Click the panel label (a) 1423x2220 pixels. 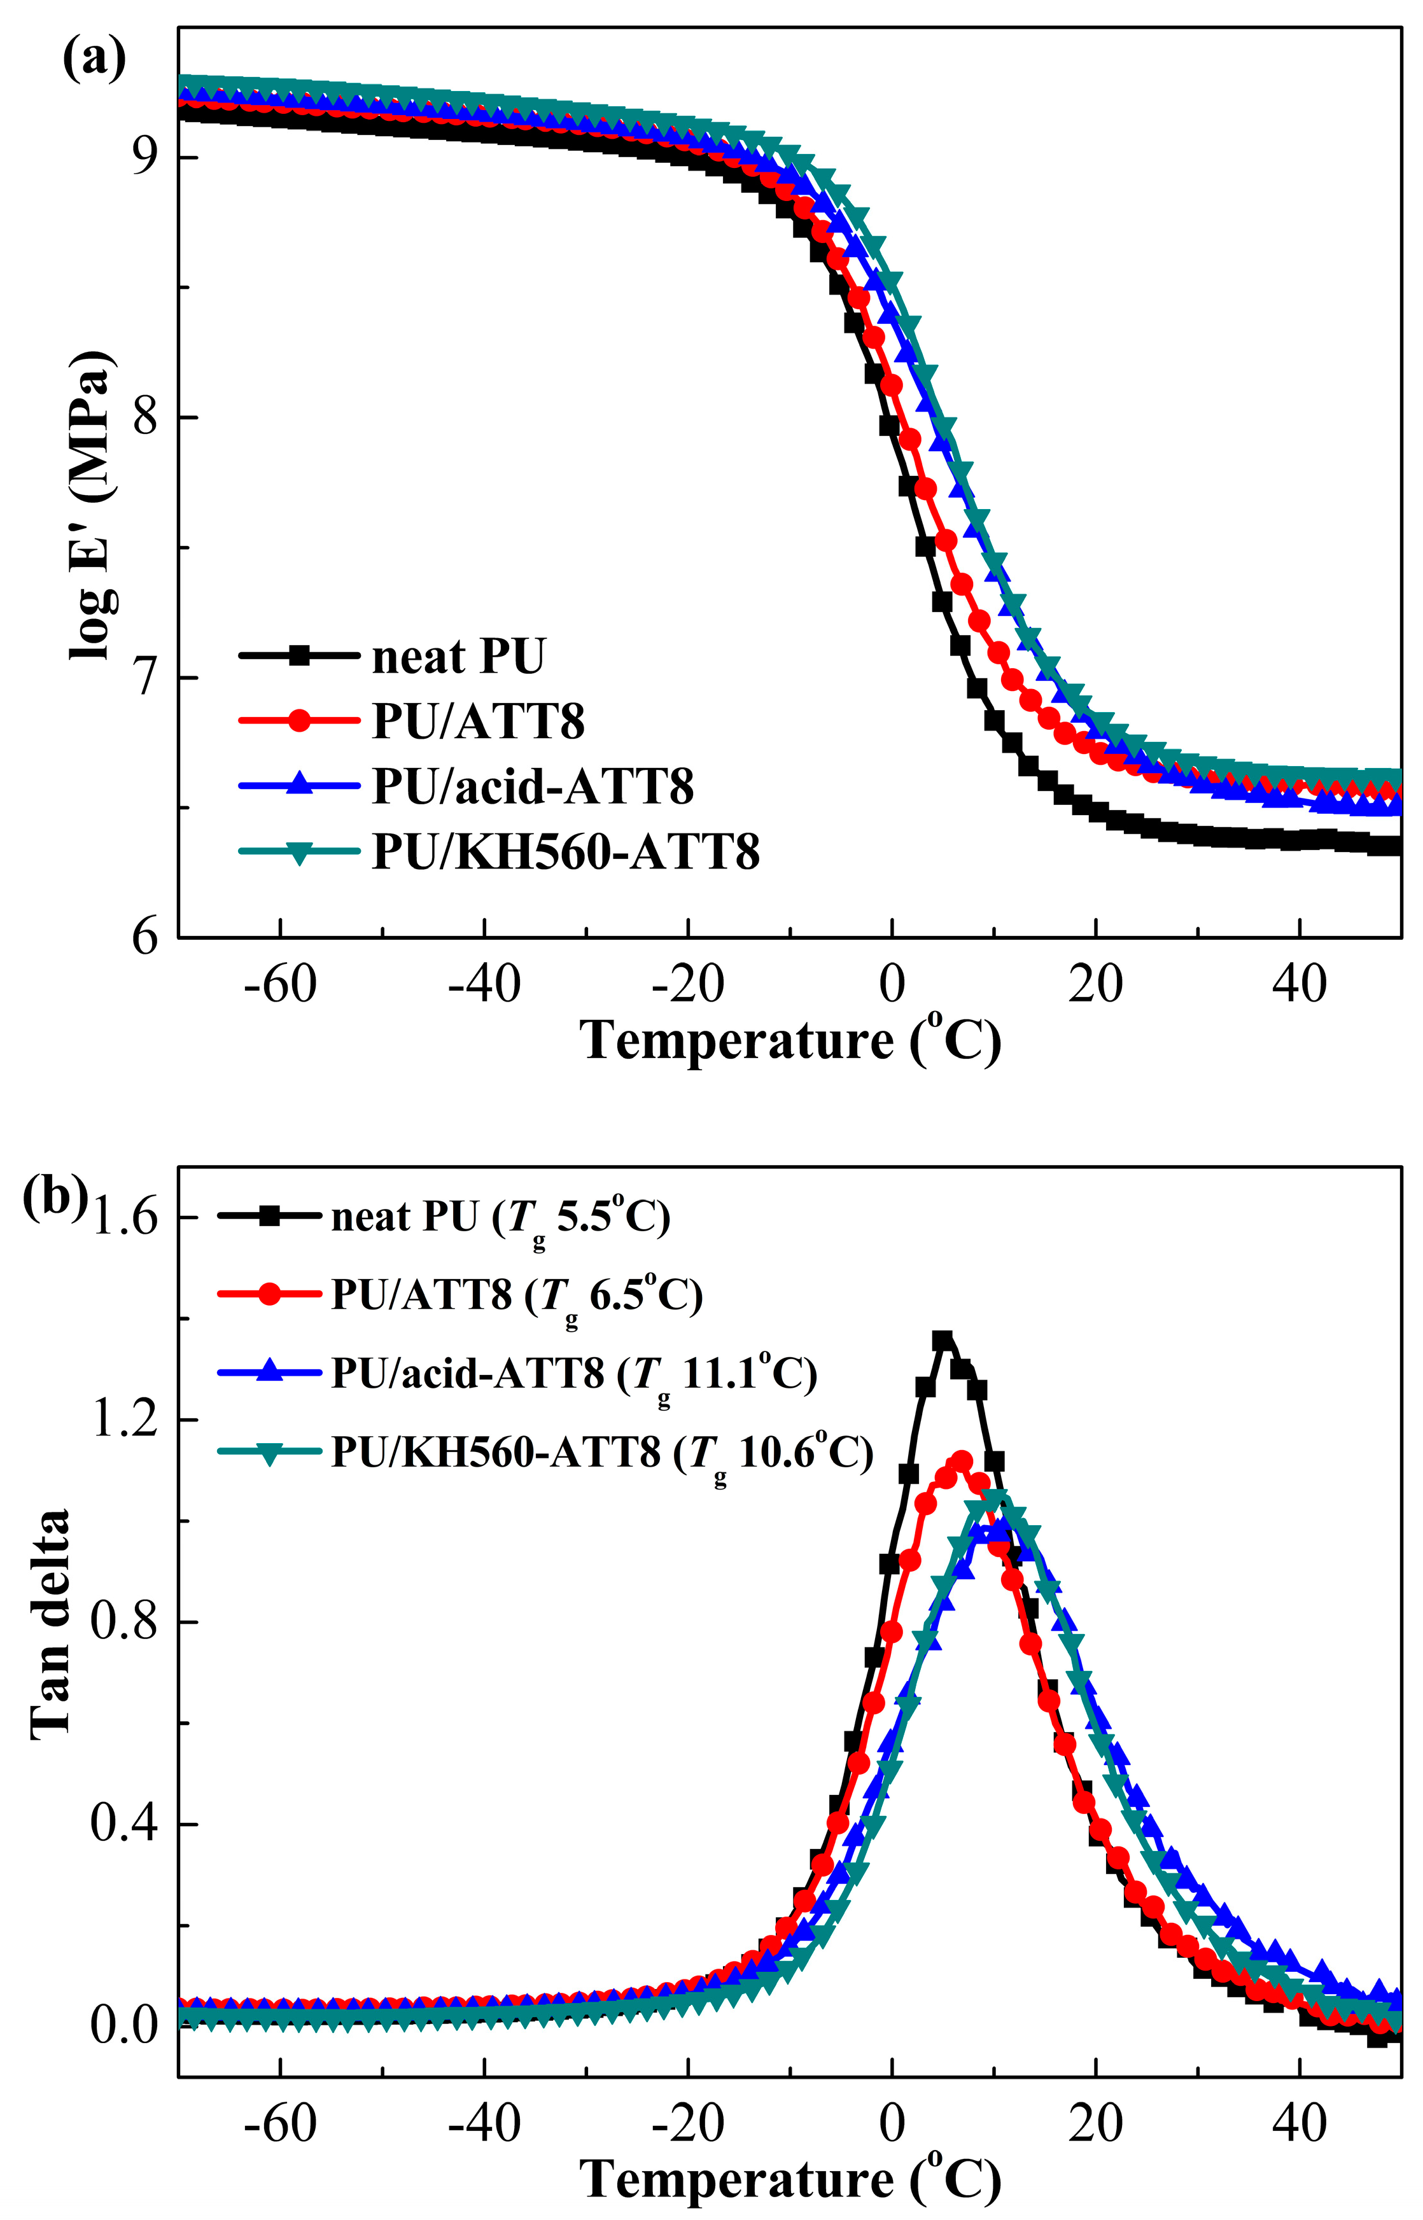click(94, 62)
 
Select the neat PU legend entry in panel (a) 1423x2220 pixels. click(458, 656)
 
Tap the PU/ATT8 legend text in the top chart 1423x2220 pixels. click(478, 721)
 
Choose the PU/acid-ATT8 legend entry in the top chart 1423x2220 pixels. click(532, 786)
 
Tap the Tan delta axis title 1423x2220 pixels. click(51, 1625)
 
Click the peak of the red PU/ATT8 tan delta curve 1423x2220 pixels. click(961, 1461)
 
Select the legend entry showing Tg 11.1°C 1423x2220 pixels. click(573, 1374)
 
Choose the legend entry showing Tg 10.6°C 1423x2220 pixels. click(601, 1453)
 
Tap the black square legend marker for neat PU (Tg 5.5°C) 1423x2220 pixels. click(270, 1216)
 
